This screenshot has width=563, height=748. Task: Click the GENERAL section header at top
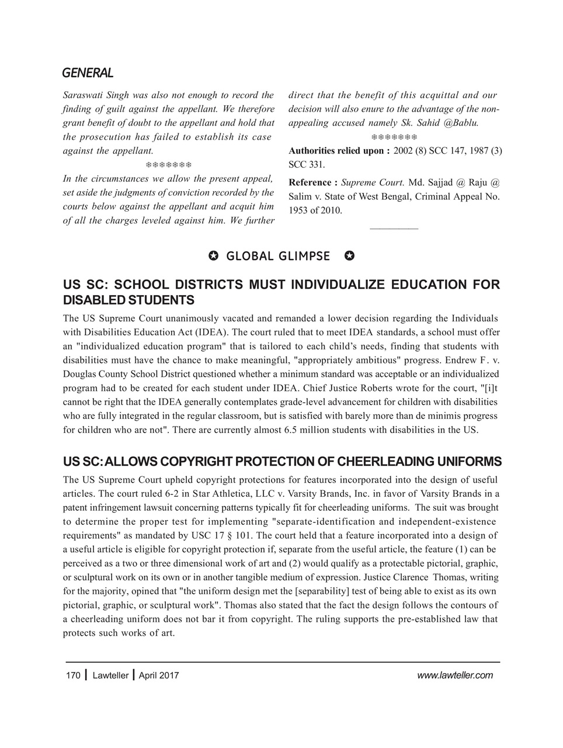point(88,73)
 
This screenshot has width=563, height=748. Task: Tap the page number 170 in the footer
point(72,676)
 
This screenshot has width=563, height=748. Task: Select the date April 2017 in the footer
point(159,676)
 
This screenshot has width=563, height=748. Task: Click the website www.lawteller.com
point(455,676)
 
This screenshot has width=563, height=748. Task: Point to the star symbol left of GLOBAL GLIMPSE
point(213,256)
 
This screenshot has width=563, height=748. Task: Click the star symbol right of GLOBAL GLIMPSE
point(349,256)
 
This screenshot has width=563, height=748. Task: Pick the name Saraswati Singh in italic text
point(93,95)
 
